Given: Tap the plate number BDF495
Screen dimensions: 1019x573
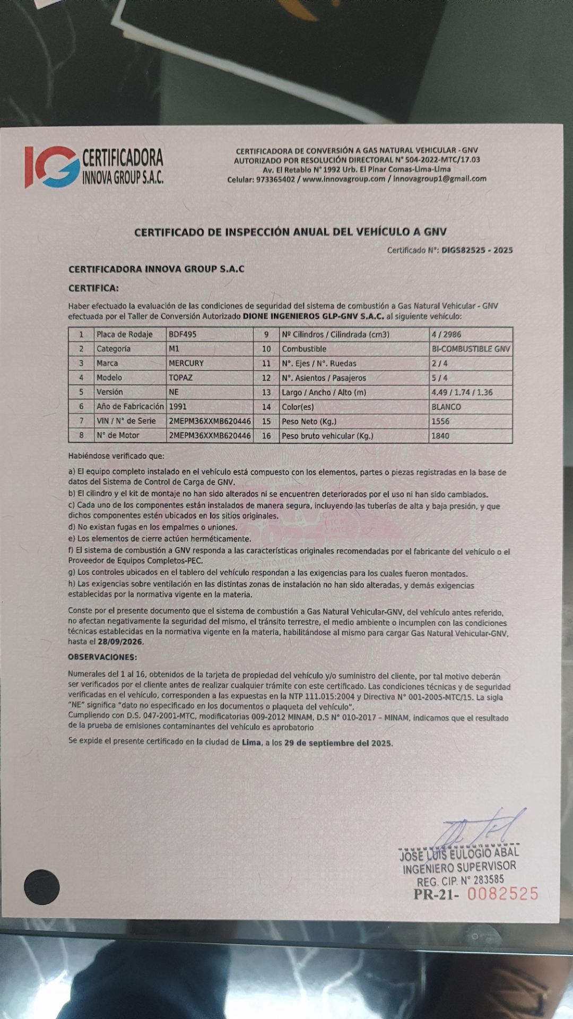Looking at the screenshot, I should click(x=182, y=334).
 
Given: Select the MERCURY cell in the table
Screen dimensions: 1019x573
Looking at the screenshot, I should click(x=186, y=363).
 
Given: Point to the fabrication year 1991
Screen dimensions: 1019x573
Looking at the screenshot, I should click(x=178, y=407).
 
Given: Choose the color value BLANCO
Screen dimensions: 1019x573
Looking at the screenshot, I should click(x=446, y=407).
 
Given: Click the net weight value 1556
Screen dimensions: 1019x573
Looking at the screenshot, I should click(x=440, y=421).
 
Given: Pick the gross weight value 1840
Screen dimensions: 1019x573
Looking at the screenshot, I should click(x=440, y=436).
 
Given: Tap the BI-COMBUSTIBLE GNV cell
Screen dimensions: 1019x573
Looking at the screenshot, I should click(x=471, y=349).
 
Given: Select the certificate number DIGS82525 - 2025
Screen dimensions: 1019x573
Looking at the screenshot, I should click(x=477, y=250).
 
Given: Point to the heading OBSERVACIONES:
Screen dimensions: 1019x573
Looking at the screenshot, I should click(x=102, y=657).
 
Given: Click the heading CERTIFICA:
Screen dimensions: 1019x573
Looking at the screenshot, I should click(x=93, y=288).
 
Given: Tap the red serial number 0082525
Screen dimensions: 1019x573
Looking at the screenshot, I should click(x=502, y=894).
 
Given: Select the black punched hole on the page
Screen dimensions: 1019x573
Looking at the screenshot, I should click(x=42, y=887).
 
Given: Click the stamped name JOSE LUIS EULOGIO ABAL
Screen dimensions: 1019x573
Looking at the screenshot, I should click(x=459, y=854).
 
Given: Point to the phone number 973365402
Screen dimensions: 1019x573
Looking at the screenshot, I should click(x=275, y=179).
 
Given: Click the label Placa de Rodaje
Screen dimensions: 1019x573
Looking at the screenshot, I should click(x=124, y=334).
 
